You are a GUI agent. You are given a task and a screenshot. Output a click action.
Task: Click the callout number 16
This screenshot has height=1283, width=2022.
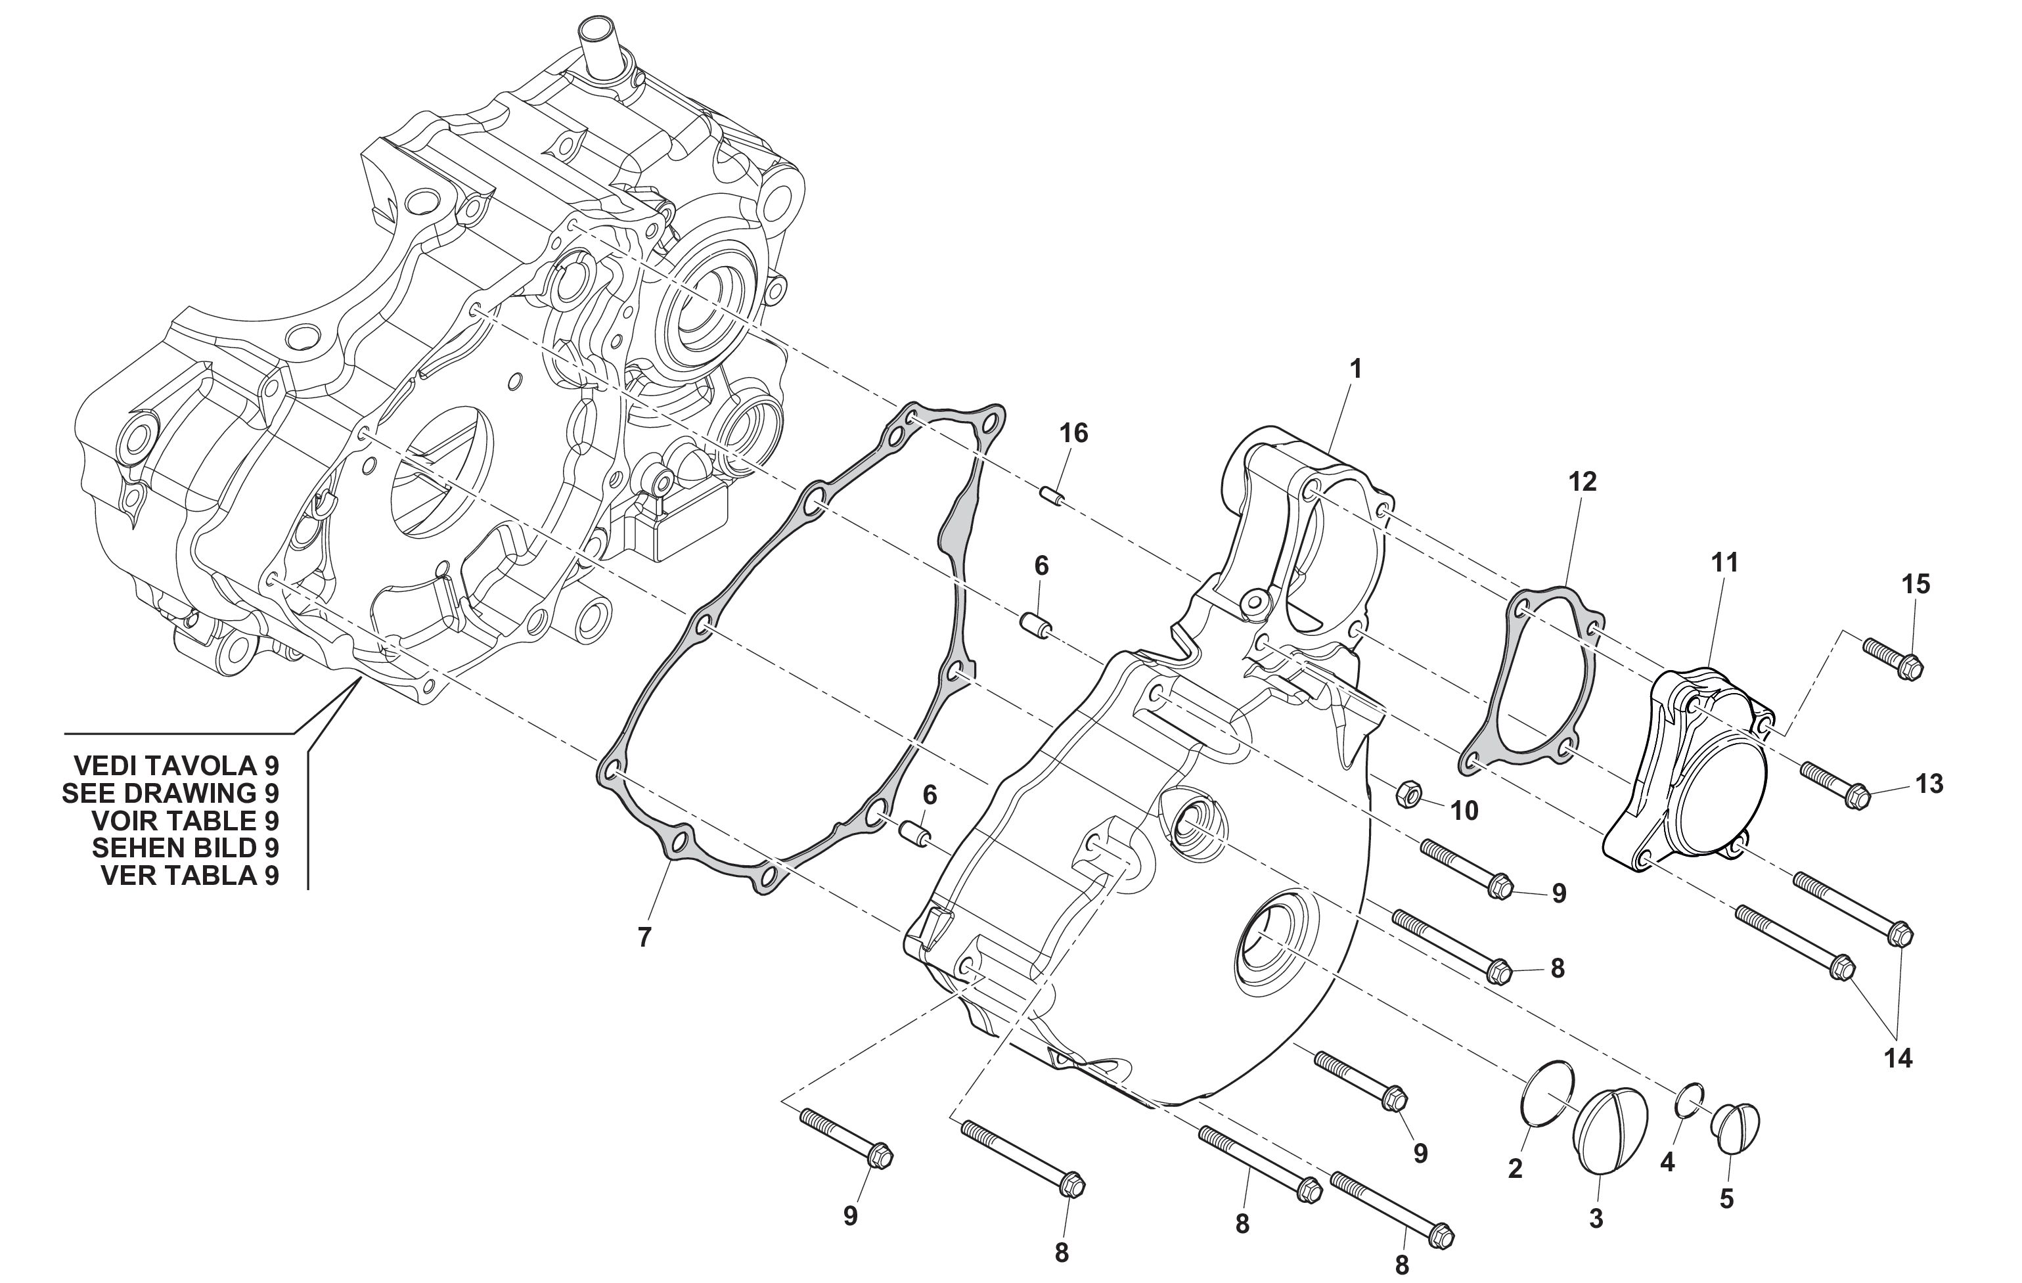pyautogui.click(x=1073, y=434)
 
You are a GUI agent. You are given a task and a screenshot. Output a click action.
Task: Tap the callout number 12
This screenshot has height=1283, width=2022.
pyautogui.click(x=1582, y=482)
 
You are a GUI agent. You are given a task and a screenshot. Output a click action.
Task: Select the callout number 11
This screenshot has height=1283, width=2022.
pyautogui.click(x=1725, y=562)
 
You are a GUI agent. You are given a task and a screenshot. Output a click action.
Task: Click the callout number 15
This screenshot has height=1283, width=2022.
pyautogui.click(x=1916, y=583)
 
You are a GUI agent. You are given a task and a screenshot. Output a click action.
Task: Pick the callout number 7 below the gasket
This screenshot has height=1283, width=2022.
pyautogui.click(x=644, y=937)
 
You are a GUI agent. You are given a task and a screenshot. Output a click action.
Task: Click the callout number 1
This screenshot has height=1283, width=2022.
pyautogui.click(x=1355, y=369)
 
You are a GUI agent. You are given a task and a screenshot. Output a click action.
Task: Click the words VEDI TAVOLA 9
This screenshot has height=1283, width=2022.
pyautogui.click(x=176, y=766)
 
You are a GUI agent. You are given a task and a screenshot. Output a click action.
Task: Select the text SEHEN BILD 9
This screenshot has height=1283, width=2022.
pyautogui.click(x=185, y=848)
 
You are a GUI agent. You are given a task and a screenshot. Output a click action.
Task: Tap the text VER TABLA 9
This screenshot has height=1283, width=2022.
pyautogui.click(x=190, y=876)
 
